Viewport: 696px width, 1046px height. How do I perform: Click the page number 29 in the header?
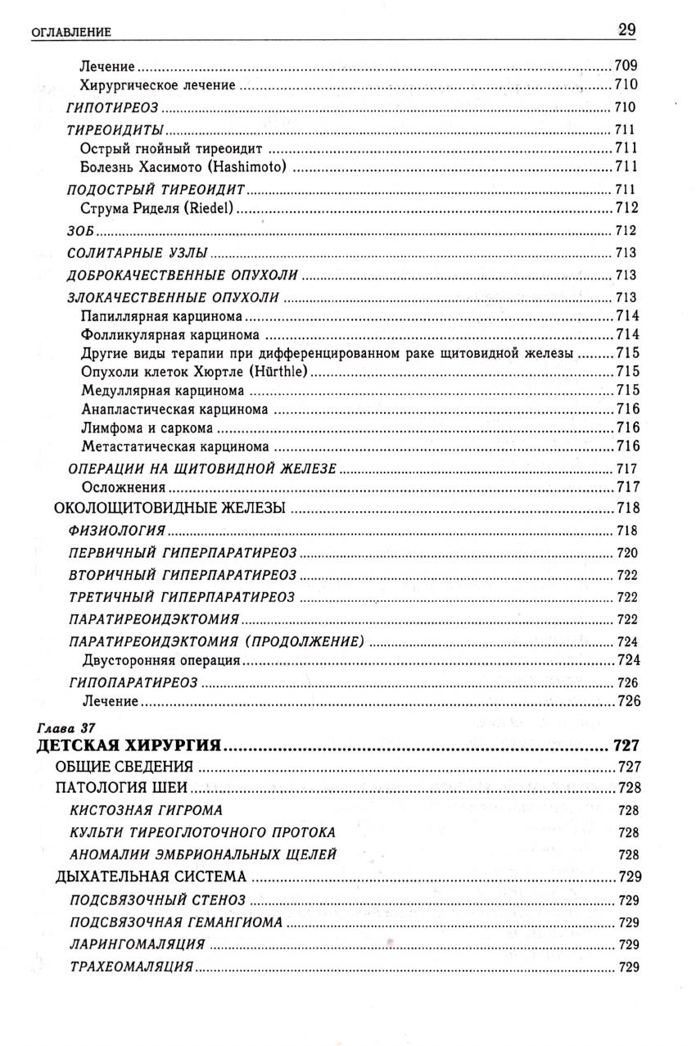pyautogui.click(x=627, y=30)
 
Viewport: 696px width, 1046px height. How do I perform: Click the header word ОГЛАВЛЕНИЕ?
pyautogui.click(x=70, y=33)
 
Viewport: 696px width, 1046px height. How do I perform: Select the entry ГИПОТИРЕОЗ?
pyautogui.click(x=112, y=107)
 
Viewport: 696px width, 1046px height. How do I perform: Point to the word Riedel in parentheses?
pyautogui.click(x=211, y=208)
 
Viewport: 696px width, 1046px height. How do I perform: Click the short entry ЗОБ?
pyautogui.click(x=80, y=231)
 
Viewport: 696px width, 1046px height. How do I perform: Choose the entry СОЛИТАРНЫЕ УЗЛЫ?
pyautogui.click(x=137, y=253)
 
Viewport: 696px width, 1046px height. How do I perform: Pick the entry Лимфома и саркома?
pyautogui.click(x=147, y=428)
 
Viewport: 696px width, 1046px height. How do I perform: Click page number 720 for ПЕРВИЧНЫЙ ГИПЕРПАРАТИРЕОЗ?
pyautogui.click(x=626, y=553)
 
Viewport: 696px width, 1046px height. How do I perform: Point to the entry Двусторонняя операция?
pyautogui.click(x=160, y=659)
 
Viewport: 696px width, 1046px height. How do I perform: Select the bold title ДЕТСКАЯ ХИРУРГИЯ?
pyautogui.click(x=129, y=745)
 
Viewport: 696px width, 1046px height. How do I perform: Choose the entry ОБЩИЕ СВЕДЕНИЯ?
pyautogui.click(x=124, y=768)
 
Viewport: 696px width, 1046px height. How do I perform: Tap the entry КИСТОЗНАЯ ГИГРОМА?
pyautogui.click(x=147, y=810)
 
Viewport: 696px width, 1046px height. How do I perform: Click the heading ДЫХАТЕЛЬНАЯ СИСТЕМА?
pyautogui.click(x=151, y=877)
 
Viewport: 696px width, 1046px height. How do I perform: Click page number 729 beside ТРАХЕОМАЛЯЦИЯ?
pyautogui.click(x=628, y=967)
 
